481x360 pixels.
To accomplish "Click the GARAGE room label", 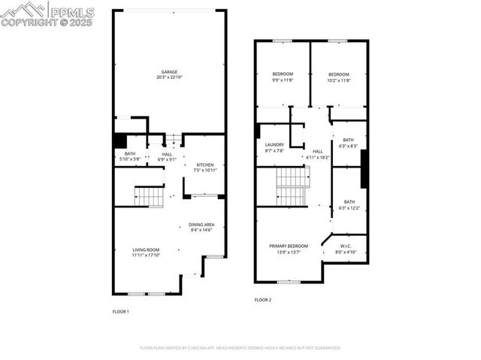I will click(168, 72).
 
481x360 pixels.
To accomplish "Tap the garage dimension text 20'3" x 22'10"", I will click(168, 78).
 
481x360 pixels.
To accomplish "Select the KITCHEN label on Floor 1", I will click(206, 165).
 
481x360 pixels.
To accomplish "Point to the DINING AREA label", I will click(201, 224).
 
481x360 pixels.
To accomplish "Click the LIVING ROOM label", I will click(146, 250).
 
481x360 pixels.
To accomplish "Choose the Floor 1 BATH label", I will click(130, 154).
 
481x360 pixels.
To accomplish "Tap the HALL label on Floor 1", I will click(167, 154).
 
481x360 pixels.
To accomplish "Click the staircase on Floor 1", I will click(149, 197).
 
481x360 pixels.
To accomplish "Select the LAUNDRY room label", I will click(274, 144).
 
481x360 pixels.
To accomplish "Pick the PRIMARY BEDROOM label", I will click(289, 246).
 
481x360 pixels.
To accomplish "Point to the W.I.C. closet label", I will click(346, 246).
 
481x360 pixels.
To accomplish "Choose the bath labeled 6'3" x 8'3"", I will click(349, 140).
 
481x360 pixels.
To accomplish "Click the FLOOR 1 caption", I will click(121, 311).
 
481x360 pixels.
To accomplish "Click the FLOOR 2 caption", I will click(262, 300).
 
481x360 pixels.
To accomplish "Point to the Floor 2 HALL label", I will click(318, 151).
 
